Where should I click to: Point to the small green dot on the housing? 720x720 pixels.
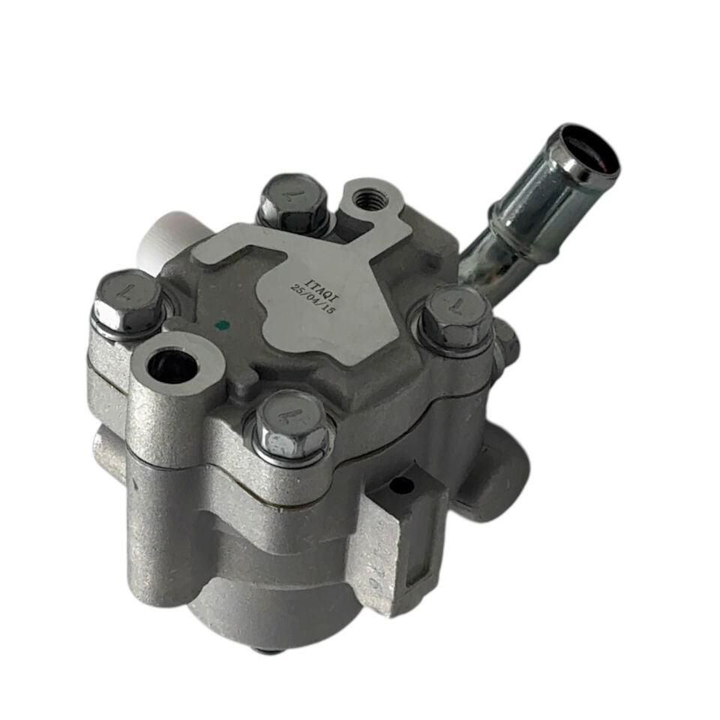[x=220, y=326]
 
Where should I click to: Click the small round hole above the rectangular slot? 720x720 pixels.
[x=402, y=487]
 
